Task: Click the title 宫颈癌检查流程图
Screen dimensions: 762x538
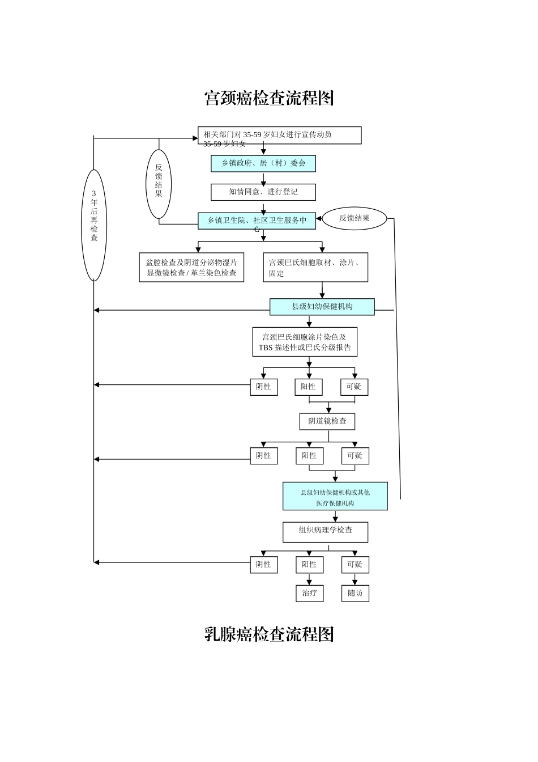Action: [x=268, y=98]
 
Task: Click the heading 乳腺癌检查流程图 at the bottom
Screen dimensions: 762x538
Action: [x=268, y=634]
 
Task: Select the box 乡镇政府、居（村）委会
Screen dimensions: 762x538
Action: [x=263, y=164]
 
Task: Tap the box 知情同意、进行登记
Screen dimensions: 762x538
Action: [x=263, y=192]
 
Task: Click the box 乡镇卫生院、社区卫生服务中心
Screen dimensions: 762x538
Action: [x=257, y=221]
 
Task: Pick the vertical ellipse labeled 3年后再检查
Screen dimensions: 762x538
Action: [x=94, y=225]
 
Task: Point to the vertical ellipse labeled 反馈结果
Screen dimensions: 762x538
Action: [x=159, y=184]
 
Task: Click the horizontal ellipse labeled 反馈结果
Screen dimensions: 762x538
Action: [x=355, y=218]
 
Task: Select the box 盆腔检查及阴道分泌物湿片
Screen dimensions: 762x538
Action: [x=191, y=268]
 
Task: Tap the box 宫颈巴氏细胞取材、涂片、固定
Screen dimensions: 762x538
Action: [x=315, y=268]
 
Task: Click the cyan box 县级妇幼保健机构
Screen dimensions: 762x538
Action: [x=322, y=307]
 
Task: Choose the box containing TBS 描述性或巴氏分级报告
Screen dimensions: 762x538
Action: [x=305, y=342]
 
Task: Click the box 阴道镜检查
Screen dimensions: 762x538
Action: [x=327, y=421]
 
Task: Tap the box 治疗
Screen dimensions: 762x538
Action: [x=309, y=593]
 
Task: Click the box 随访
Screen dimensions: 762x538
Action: [x=355, y=593]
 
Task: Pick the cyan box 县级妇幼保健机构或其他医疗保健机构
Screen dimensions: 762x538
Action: [x=335, y=497]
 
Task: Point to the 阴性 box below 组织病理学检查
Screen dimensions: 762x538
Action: [x=264, y=565]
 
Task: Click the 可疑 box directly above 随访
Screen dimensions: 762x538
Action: [x=355, y=565]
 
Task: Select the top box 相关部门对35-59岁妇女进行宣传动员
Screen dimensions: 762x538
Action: [x=279, y=136]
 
